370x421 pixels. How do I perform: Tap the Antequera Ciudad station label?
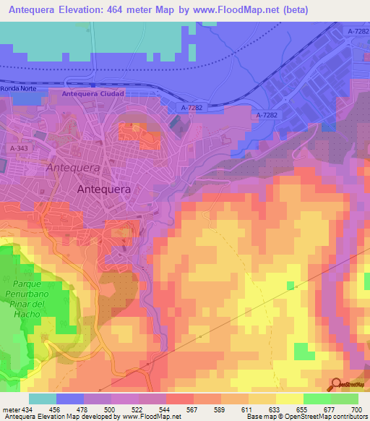93,94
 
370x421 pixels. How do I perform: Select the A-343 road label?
20,148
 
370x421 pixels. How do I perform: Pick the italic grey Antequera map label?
72,167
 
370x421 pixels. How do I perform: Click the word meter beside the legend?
9,409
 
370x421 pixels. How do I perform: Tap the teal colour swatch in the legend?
43,399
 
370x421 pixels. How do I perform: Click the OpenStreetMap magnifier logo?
337,384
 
